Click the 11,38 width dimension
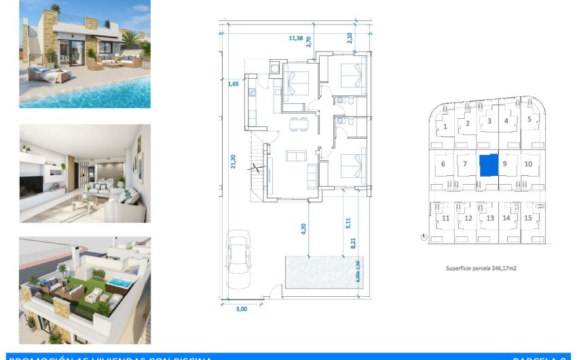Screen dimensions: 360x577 point(296,39)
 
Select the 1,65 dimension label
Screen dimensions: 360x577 point(233,84)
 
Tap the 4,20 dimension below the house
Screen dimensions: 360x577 point(303,229)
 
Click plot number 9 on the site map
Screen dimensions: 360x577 point(505,164)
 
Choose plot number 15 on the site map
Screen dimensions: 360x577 point(528,218)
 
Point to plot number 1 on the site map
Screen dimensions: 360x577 point(445,126)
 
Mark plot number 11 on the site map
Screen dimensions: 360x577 point(446,218)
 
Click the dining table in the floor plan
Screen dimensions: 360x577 point(298,123)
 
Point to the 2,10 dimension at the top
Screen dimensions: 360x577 point(350,38)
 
